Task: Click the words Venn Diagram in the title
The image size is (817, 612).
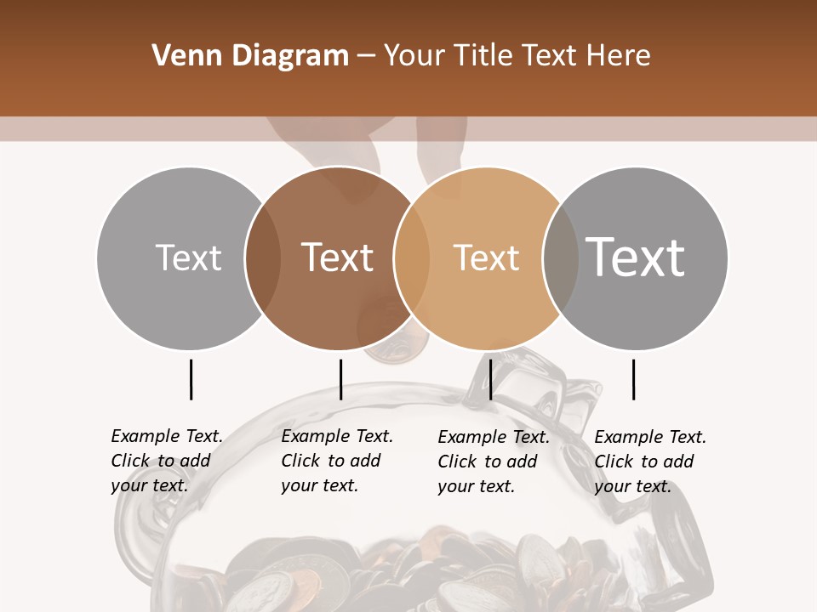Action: click(250, 56)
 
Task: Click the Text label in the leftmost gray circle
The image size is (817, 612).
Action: click(188, 258)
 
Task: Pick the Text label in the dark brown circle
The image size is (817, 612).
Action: click(337, 258)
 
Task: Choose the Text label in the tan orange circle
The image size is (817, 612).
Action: click(486, 258)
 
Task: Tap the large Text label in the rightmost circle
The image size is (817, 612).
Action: click(635, 257)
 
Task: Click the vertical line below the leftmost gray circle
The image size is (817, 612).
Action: click(191, 379)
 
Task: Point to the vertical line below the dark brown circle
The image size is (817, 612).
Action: click(340, 379)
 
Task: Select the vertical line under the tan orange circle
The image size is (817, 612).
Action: click(490, 379)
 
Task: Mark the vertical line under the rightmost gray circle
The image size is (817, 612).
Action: click(633, 379)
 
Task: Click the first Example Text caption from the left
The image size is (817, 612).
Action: click(166, 461)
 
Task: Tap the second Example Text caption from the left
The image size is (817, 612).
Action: click(336, 461)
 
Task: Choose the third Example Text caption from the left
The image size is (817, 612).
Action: click(493, 462)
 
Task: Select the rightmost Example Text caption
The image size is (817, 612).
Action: click(649, 462)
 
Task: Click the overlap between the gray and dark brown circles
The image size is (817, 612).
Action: click(263, 258)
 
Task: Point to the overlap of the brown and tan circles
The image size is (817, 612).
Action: click(412, 258)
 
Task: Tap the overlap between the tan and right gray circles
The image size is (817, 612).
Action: click(560, 258)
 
